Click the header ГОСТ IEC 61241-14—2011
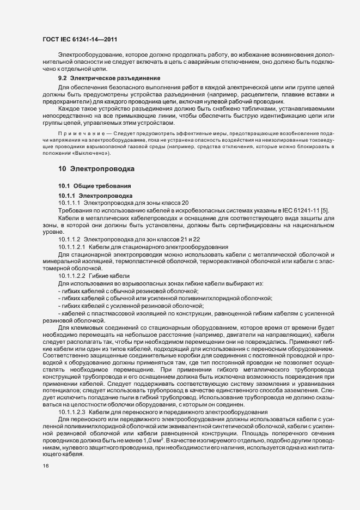(80, 39)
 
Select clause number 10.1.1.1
(70, 203)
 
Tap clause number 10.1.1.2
(70, 239)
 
